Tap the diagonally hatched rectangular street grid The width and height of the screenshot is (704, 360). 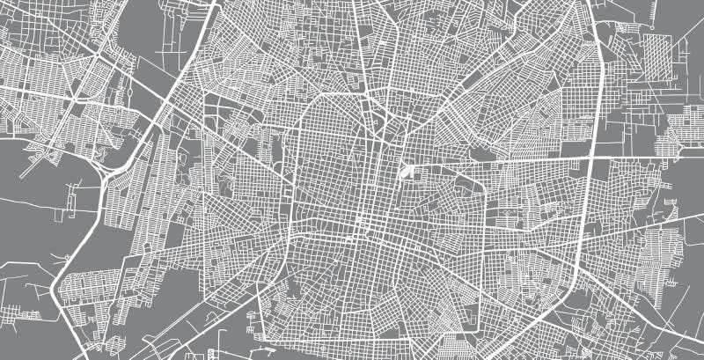(x=656, y=56)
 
